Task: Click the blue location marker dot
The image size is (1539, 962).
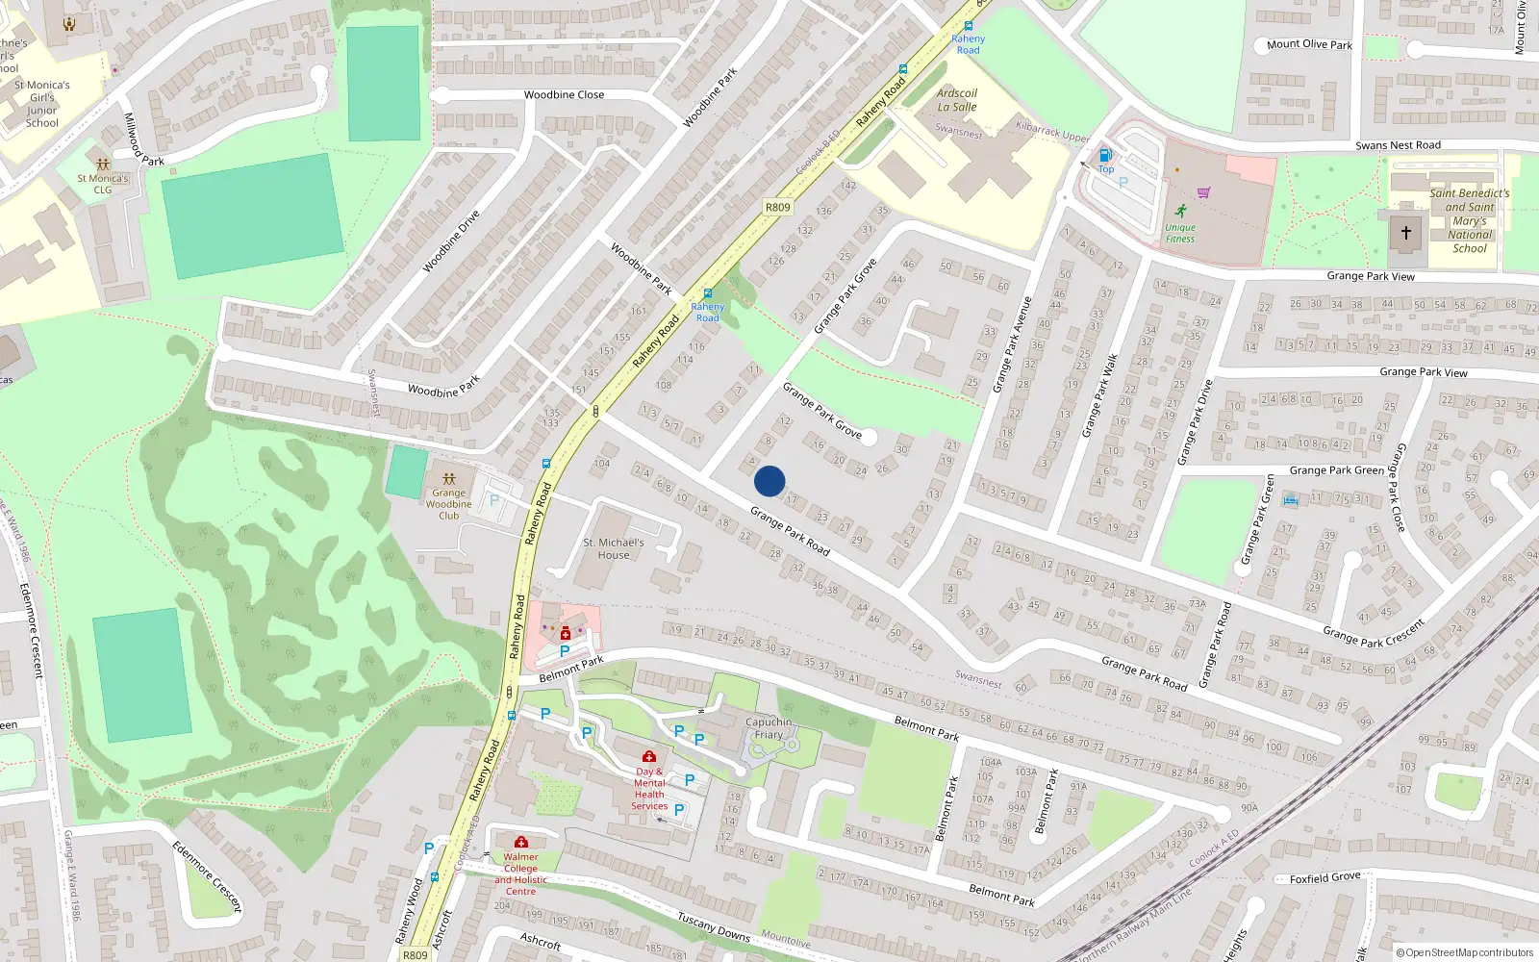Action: coord(769,481)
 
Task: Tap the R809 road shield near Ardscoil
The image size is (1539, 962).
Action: coord(777,207)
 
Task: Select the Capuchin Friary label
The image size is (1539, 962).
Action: coord(769,728)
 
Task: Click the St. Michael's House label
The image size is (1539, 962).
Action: coord(614,548)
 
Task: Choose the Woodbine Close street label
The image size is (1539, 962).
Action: coord(564,94)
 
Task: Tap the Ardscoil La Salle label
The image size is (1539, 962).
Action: coord(956,100)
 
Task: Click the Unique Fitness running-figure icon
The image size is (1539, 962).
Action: coord(1180,212)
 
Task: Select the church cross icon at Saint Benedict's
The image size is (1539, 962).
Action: coord(1405,232)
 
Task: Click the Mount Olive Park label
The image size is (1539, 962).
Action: coord(1309,44)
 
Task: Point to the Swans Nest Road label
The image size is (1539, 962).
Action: coord(1398,145)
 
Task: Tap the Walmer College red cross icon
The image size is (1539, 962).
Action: coord(520,842)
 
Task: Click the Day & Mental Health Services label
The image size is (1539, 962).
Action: coord(649,788)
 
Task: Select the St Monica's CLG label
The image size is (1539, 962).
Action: coord(102,184)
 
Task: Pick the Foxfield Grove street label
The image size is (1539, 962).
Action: coord(1325,878)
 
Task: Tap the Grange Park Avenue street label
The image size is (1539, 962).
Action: coord(1011,343)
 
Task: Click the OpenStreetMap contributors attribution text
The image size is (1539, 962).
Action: coord(1465,952)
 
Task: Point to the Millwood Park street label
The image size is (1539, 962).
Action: coord(143,140)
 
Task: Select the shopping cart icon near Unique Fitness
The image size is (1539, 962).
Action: coord(1203,192)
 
